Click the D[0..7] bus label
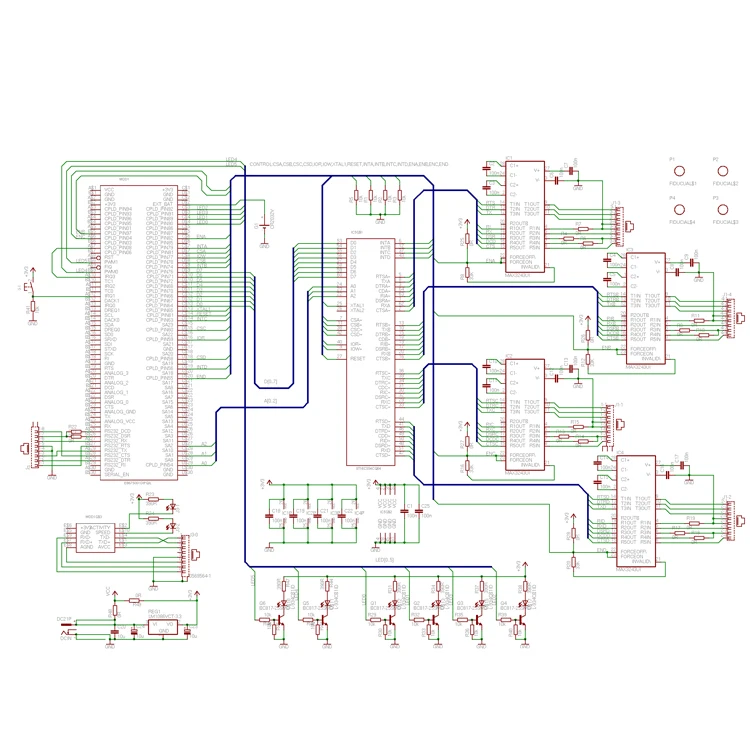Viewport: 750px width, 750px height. pyautogui.click(x=270, y=381)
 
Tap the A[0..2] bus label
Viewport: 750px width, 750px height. pyautogui.click(x=270, y=401)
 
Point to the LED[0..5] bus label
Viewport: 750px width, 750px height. pyautogui.click(x=385, y=559)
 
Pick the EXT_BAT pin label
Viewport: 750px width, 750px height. pyautogui.click(x=165, y=204)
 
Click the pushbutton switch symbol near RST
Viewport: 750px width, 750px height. pyautogui.click(x=30, y=291)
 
